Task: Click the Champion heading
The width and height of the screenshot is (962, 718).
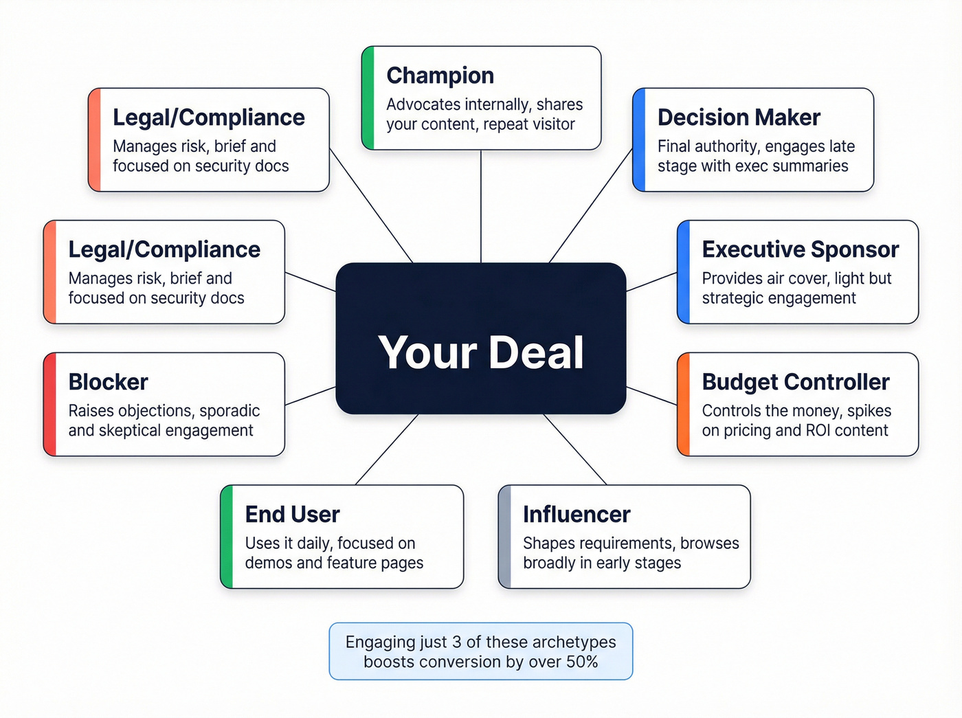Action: tap(440, 76)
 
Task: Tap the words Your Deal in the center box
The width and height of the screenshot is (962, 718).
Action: tap(481, 352)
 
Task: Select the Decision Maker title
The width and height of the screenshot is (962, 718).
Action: tap(739, 117)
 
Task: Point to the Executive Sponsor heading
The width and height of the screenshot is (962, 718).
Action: tap(800, 249)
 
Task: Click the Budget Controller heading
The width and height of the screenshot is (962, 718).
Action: tap(796, 382)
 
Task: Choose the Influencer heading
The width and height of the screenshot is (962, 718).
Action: tap(577, 515)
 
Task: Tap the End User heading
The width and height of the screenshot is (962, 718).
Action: tap(292, 515)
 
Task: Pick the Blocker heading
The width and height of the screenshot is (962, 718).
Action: tap(108, 382)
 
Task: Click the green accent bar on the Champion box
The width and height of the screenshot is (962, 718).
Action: tap(368, 98)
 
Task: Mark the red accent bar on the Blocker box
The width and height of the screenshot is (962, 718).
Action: tap(50, 404)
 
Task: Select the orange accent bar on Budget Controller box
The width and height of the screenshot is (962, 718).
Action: tap(684, 404)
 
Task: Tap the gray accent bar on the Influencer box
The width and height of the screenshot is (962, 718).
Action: tap(505, 537)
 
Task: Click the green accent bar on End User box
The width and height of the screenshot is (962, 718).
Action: tap(227, 537)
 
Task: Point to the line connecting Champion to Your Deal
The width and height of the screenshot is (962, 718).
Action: tap(481, 206)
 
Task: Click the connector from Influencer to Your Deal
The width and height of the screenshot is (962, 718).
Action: tap(575, 449)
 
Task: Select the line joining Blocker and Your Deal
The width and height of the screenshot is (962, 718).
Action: tap(311, 396)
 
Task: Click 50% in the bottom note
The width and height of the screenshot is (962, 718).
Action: tap(582, 662)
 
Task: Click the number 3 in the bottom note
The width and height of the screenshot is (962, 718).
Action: tap(456, 642)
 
